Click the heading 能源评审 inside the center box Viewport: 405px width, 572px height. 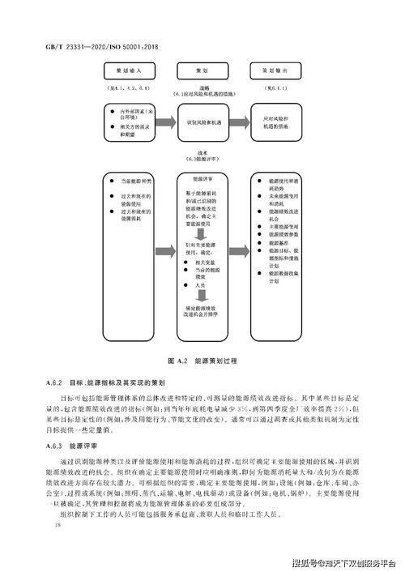tap(202, 178)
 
